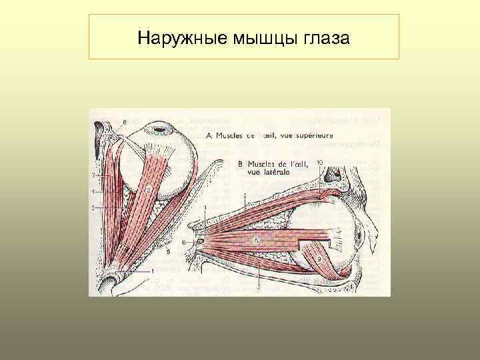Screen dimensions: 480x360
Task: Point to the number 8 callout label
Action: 124,121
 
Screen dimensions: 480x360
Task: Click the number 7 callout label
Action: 93,173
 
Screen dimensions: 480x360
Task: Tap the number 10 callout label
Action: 321,162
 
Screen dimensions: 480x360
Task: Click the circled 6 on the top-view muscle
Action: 148,189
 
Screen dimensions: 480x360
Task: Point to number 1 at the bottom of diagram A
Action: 153,271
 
